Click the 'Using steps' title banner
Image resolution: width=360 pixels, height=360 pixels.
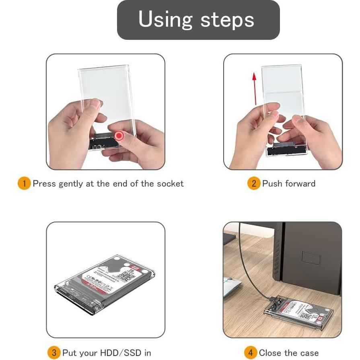(198, 20)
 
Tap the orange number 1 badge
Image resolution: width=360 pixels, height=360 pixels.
(24, 184)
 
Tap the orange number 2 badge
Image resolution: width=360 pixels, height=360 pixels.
(253, 184)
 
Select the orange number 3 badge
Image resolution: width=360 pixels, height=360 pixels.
(54, 353)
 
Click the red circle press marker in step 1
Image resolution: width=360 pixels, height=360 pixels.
(119, 136)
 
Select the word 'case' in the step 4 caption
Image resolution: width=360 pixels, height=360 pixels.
(308, 353)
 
